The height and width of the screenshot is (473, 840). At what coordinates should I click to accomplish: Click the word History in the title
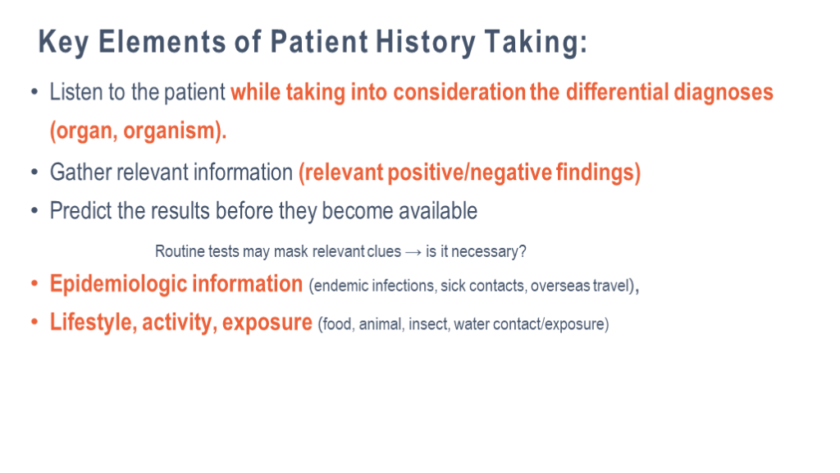(426, 43)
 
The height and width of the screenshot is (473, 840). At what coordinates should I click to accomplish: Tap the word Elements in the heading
(162, 42)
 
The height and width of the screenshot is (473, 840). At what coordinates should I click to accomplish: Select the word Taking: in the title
(536, 43)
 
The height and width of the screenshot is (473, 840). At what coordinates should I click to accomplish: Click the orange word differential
(617, 92)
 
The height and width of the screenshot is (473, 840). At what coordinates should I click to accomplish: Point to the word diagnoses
(724, 93)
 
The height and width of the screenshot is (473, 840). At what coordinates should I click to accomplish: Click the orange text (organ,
(84, 131)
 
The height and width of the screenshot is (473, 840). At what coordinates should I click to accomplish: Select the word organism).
(176, 131)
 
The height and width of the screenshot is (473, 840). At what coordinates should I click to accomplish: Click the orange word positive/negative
(470, 172)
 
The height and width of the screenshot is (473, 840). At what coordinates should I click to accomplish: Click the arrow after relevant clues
(413, 252)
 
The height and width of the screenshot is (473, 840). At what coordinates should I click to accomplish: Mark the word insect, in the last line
(429, 324)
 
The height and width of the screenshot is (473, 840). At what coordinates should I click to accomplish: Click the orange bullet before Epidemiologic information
(34, 283)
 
